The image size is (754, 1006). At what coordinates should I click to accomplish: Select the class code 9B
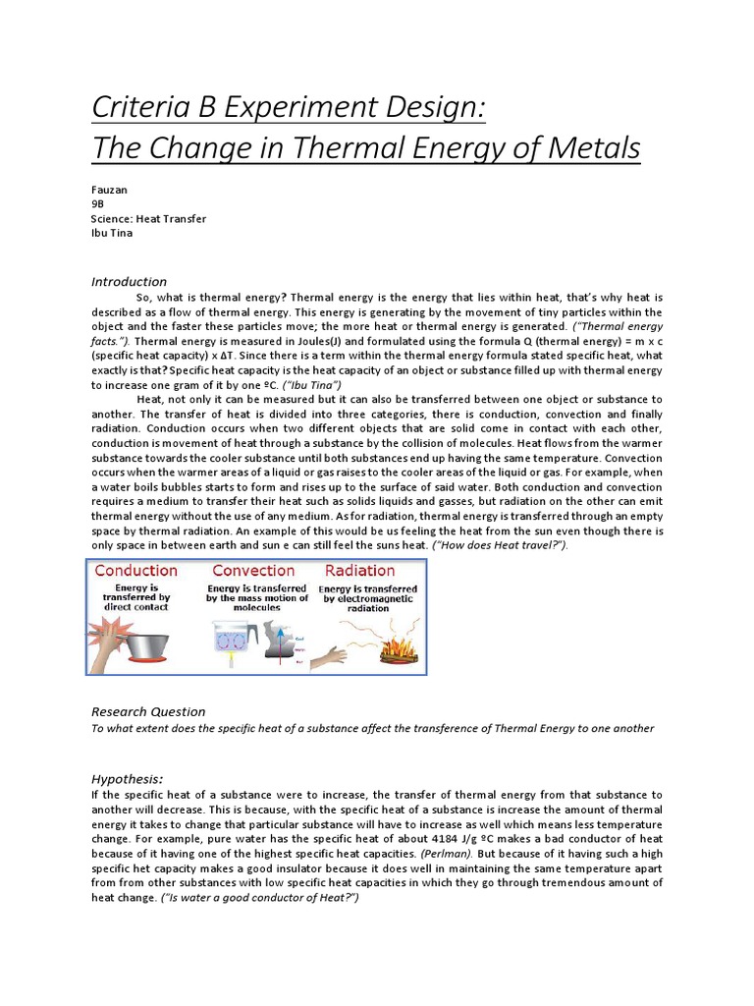click(x=97, y=205)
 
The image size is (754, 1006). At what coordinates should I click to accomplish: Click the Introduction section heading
click(x=129, y=282)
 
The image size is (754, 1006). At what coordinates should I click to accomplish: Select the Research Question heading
click(x=148, y=711)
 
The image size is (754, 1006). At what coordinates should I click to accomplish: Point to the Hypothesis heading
click(x=127, y=778)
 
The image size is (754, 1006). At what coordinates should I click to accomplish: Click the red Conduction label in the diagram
click(x=135, y=571)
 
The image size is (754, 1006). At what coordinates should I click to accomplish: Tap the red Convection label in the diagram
click(x=253, y=571)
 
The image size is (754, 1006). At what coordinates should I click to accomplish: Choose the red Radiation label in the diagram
click(x=359, y=571)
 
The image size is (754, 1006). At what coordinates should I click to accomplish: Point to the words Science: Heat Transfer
click(x=148, y=220)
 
